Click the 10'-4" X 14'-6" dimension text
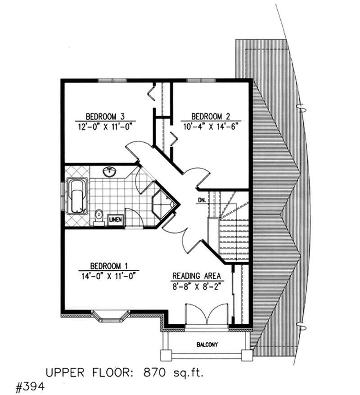(209, 127)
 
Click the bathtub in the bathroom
(76, 196)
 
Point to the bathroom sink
(110, 172)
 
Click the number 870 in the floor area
(152, 372)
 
